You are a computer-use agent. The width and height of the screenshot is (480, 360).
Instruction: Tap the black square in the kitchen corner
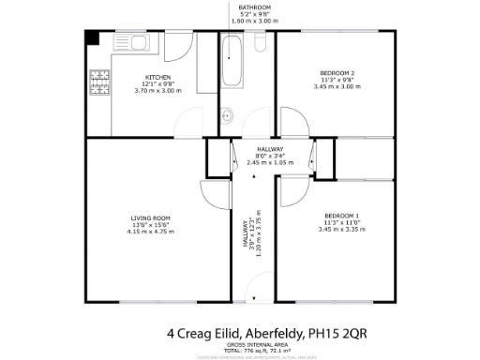coord(91,38)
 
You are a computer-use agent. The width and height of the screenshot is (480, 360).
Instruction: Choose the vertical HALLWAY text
coord(246,241)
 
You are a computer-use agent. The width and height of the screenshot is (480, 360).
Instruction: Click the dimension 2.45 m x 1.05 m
coord(270,162)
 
